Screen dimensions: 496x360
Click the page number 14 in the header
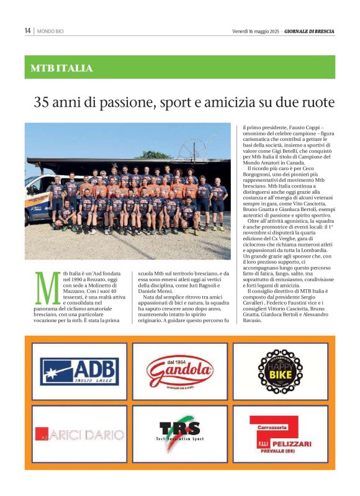point(28,30)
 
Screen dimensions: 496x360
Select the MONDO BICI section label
point(50,31)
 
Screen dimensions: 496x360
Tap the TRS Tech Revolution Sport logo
point(180,433)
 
